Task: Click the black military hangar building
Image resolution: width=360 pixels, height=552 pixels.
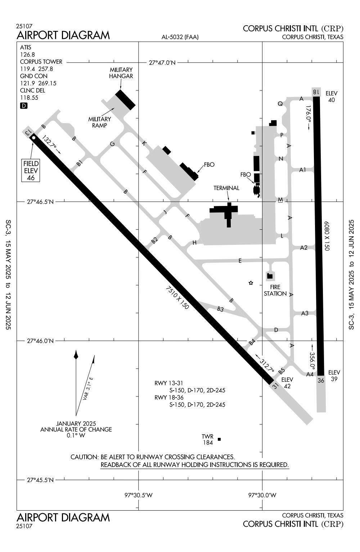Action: click(x=125, y=99)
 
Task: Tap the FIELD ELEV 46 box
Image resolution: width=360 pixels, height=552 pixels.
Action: click(x=31, y=170)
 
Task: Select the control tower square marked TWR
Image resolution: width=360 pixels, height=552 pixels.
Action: click(x=219, y=439)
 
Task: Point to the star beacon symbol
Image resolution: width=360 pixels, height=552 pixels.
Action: click(x=251, y=283)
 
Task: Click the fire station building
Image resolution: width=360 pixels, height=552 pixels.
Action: click(x=270, y=276)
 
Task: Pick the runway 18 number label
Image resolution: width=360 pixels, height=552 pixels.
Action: click(x=316, y=92)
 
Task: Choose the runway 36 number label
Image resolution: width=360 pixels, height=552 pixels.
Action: click(x=321, y=380)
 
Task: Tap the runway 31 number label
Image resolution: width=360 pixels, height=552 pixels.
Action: click(x=275, y=386)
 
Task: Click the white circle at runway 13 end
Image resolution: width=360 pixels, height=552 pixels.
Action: click(x=33, y=138)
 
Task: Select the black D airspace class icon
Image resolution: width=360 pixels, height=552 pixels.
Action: click(x=24, y=106)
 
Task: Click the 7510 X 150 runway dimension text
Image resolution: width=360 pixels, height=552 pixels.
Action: click(x=177, y=298)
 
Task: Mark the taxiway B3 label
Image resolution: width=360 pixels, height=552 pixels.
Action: click(x=220, y=309)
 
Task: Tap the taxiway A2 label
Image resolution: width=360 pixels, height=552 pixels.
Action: click(x=304, y=247)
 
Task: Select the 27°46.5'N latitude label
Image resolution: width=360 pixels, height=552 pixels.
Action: click(x=40, y=202)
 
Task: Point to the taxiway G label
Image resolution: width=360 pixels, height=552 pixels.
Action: click(x=112, y=144)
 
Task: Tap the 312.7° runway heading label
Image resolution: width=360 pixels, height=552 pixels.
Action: click(x=267, y=364)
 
